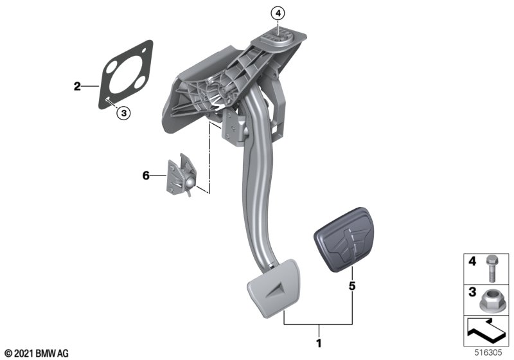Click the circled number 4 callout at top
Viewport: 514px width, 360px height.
[x=278, y=14]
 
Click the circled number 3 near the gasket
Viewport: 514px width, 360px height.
[x=123, y=113]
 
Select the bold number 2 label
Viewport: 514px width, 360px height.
[x=77, y=86]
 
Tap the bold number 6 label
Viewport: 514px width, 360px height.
[x=146, y=175]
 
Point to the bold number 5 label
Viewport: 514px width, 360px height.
[x=351, y=286]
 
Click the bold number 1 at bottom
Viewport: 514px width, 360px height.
[x=319, y=343]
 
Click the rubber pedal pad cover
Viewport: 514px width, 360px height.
[x=343, y=239]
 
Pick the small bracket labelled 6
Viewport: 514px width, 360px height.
[x=181, y=175]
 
